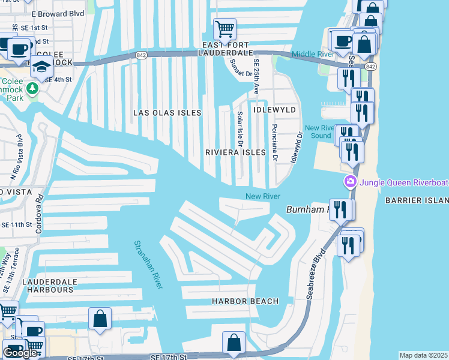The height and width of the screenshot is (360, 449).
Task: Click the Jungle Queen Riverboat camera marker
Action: click(350, 181)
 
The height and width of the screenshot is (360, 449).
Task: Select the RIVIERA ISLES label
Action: click(235, 152)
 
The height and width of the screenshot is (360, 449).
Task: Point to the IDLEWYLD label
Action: click(274, 110)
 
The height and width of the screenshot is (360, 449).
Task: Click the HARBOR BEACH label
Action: click(245, 301)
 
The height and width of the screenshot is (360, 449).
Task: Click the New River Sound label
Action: click(318, 131)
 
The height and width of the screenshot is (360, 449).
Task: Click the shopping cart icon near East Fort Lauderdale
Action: click(224, 29)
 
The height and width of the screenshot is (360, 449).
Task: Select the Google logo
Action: click(20, 353)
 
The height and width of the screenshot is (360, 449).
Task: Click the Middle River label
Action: click(314, 55)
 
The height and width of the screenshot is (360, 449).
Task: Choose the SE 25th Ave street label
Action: click(256, 77)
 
